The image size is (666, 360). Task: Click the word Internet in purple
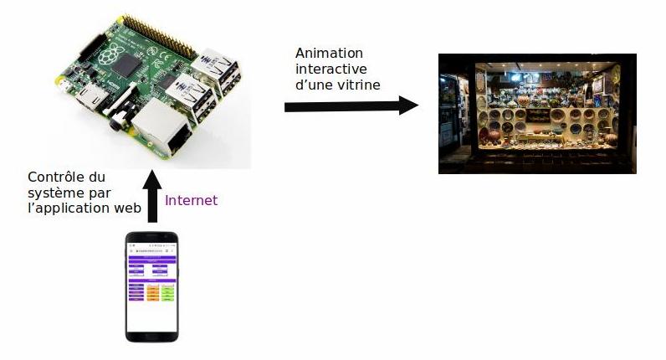(191, 200)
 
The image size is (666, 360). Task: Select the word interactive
(327, 68)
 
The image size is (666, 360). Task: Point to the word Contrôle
(53, 177)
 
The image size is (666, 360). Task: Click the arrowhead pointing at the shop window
(407, 105)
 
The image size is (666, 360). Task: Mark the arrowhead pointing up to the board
(151, 178)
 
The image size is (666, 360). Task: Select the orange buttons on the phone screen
(153, 292)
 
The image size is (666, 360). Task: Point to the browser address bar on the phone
(151, 250)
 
